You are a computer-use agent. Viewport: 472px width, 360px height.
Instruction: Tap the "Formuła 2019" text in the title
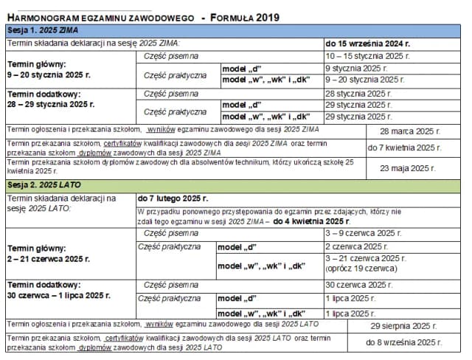248,17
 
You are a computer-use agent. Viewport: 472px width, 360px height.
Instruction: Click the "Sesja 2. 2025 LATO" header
44,184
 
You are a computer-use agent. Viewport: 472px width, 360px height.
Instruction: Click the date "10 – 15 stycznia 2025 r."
367,55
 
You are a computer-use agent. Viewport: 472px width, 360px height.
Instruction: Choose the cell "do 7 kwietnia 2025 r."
414,148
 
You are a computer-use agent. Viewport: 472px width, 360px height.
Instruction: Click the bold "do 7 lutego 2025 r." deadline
173,198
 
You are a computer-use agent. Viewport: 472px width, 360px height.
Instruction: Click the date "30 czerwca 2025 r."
359,285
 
